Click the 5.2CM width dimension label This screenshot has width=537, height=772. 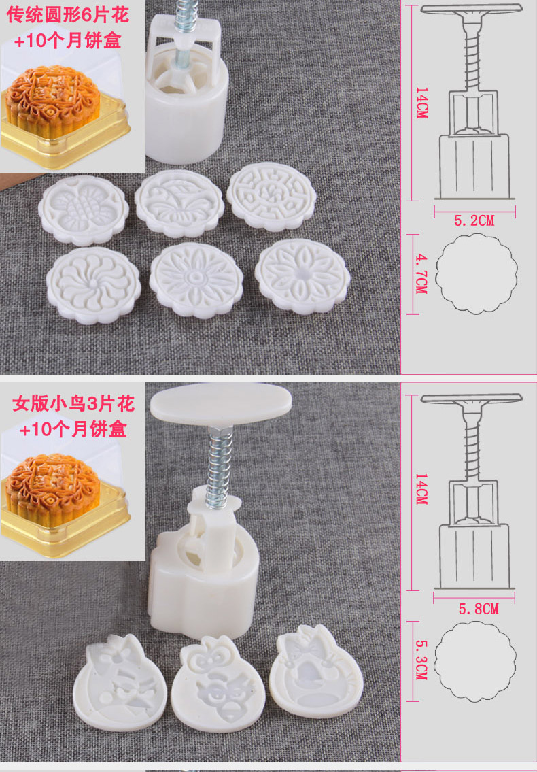(474, 220)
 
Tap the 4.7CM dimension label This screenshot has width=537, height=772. (422, 273)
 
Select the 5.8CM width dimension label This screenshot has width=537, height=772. (479, 609)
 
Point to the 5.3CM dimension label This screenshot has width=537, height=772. (422, 660)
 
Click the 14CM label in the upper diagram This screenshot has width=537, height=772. (422, 103)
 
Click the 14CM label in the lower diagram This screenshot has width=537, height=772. (421, 489)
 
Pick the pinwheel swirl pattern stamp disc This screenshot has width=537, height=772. (94, 285)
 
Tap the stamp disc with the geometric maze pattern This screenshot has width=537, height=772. (271, 197)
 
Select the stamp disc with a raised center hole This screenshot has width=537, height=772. (302, 276)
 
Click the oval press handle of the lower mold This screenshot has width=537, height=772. (220, 402)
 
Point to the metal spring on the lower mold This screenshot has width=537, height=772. (219, 468)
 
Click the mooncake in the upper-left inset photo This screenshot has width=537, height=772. (52, 100)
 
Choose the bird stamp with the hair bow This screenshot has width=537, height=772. (316, 671)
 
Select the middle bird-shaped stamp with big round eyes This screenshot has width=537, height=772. (218, 679)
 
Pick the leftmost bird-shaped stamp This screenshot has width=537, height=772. (120, 682)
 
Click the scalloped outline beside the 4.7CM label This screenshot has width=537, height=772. (477, 273)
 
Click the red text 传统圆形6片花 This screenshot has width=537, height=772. (68, 15)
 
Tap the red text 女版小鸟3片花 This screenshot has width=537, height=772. (73, 403)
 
